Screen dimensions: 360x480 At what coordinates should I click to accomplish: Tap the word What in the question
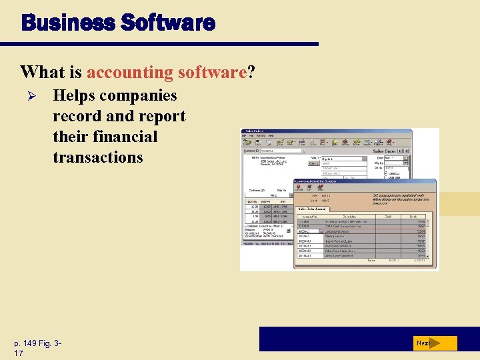click(42, 71)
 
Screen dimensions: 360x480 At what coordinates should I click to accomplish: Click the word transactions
click(98, 157)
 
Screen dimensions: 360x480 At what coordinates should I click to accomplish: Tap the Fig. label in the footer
click(53, 343)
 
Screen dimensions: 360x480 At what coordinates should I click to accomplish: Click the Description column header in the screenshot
click(351, 216)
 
